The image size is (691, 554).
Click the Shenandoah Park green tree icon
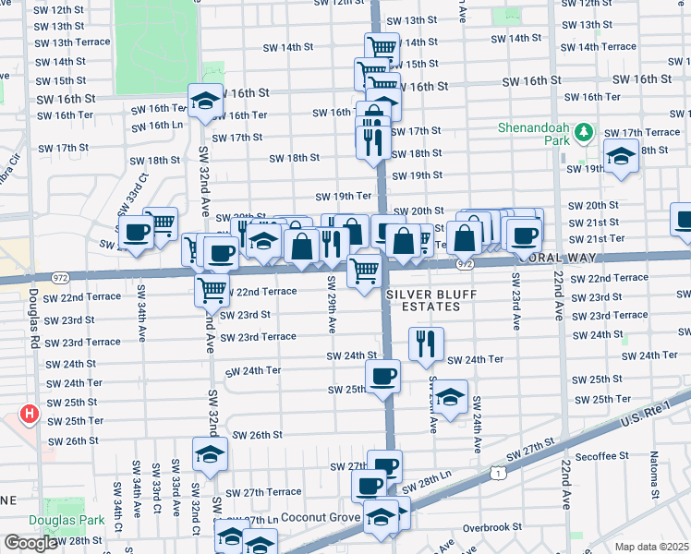pyautogui.click(x=582, y=135)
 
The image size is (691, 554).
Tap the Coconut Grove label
pyautogui.click(x=319, y=517)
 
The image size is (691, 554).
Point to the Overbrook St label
pyautogui.click(x=492, y=527)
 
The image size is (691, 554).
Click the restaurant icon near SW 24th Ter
pyautogui.click(x=426, y=344)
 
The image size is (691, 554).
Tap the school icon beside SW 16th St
pyautogui.click(x=205, y=101)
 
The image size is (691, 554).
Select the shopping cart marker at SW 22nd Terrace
pyautogui.click(x=213, y=289)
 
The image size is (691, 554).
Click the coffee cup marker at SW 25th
pyautogui.click(x=382, y=376)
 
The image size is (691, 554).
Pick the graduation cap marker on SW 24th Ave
pyautogui.click(x=450, y=397)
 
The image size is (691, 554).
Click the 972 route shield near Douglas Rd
pyautogui.click(x=60, y=276)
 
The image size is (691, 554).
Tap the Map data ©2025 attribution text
pyautogui.click(x=652, y=547)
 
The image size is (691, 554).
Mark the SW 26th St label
pyautogui.click(x=257, y=435)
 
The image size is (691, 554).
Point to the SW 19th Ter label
pyautogui.click(x=344, y=196)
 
